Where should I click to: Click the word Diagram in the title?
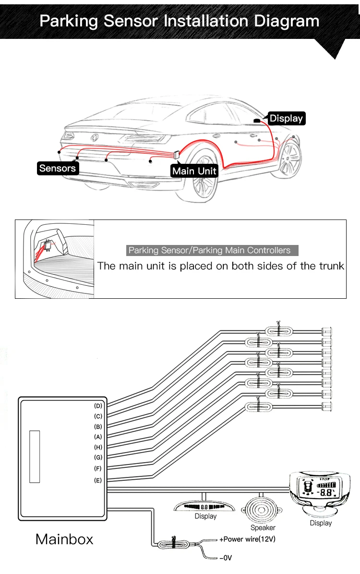(287, 21)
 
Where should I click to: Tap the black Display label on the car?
(286, 118)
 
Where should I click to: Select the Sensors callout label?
(58, 168)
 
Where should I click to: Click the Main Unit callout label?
(194, 171)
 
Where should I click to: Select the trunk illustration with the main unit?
(54, 259)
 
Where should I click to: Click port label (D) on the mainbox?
(98, 406)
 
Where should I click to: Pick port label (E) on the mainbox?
(98, 480)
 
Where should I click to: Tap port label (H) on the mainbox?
(98, 447)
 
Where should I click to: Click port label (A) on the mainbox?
(98, 437)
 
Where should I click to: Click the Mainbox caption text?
(64, 539)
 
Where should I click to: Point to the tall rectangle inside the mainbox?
(35, 456)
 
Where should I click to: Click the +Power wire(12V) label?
(247, 539)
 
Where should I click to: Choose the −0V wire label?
(226, 558)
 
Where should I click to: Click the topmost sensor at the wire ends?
(327, 331)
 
